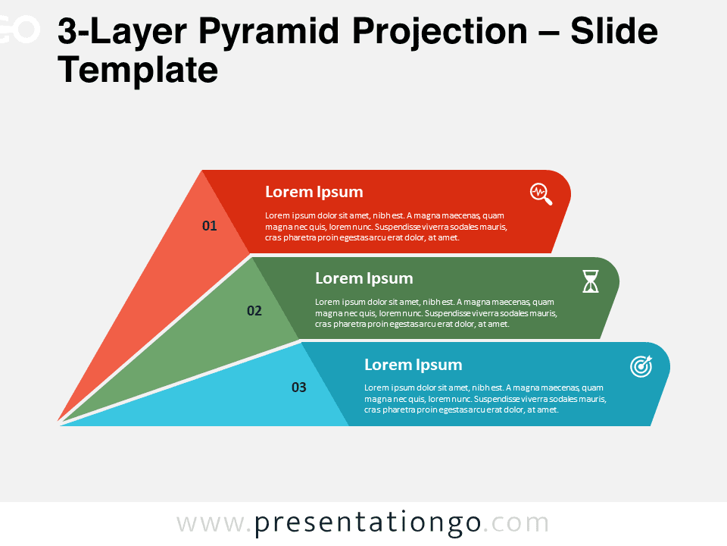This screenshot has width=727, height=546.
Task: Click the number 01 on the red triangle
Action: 210,226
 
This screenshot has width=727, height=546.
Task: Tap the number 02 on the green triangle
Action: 254,311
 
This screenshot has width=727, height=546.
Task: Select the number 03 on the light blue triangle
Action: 299,388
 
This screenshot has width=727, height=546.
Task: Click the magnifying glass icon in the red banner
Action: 541,194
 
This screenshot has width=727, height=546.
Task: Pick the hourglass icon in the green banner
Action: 591,281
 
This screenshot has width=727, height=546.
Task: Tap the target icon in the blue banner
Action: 641,366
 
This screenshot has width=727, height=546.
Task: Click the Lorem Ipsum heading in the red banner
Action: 314,192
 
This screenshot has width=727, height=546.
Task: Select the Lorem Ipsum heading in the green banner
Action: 364,278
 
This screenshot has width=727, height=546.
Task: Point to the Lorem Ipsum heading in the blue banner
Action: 413,365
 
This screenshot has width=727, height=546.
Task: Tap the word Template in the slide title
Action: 138,71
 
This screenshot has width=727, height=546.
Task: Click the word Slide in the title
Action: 614,31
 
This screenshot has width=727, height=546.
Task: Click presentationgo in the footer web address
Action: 368,523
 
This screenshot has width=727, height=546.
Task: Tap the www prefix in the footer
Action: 210,525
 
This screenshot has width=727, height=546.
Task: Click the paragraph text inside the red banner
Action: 386,227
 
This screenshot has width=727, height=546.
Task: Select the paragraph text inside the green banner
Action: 436,313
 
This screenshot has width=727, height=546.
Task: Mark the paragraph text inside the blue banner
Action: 485,399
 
